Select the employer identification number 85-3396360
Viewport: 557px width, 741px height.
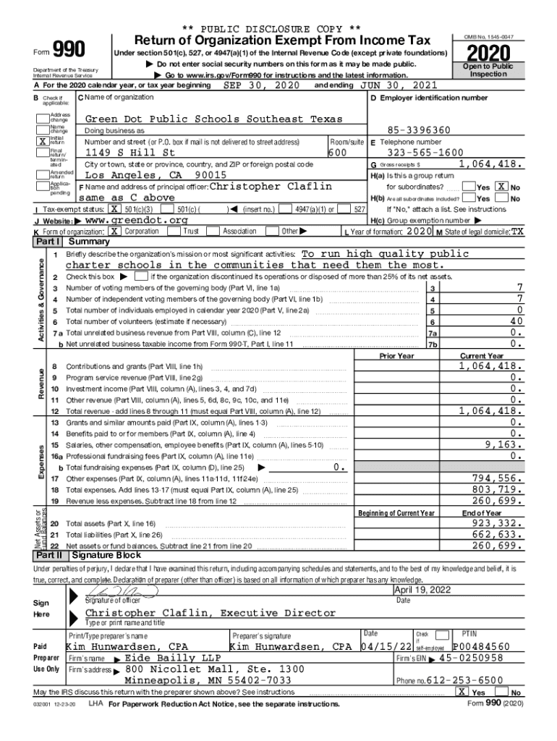tap(419, 130)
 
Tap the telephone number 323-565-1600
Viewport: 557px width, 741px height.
tap(425, 153)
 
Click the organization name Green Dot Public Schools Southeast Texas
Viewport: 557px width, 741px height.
tap(214, 119)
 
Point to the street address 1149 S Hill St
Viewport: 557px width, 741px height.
tap(130, 153)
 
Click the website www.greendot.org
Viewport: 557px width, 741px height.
tap(137, 220)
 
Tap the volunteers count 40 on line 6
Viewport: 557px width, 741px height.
tap(516, 321)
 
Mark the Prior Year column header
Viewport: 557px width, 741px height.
tap(396, 356)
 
